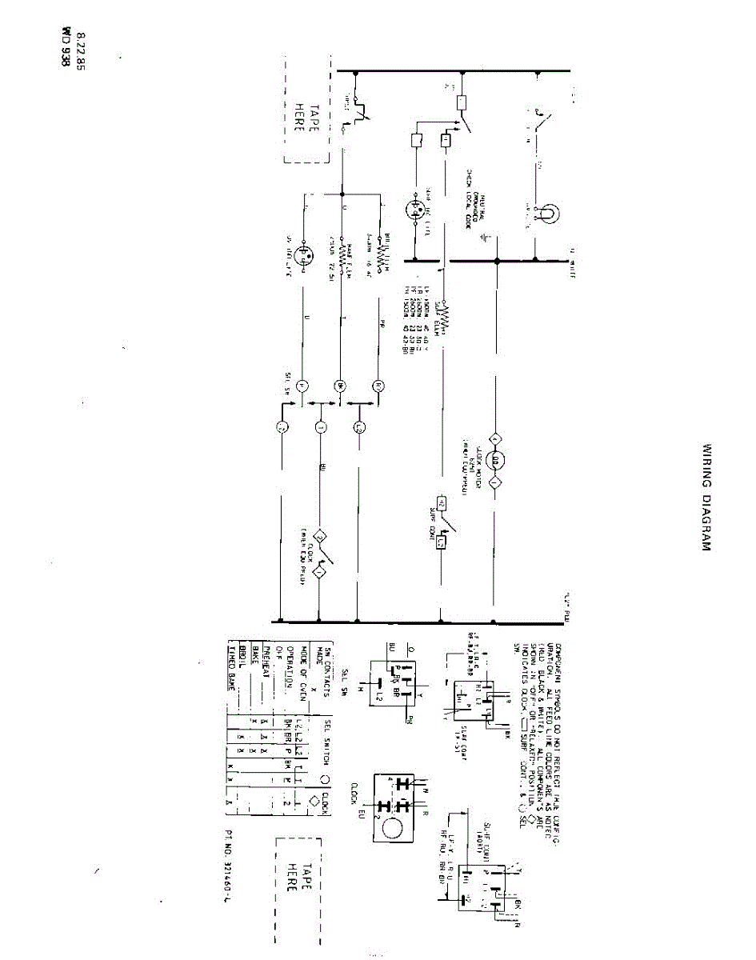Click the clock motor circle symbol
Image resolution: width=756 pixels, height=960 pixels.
[495, 462]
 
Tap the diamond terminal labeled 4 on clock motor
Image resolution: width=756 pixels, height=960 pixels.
[495, 439]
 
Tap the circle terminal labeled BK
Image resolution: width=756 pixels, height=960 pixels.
[338, 386]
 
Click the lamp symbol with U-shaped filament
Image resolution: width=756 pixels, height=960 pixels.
[547, 214]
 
